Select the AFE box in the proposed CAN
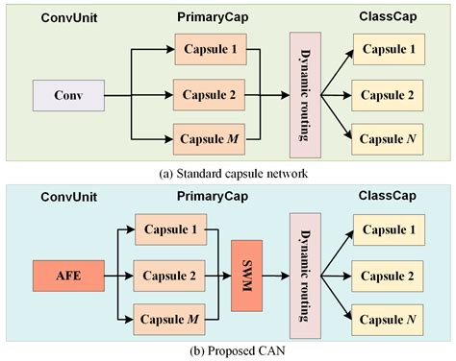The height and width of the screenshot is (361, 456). [x=61, y=276]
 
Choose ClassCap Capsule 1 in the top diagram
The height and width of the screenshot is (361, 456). [x=388, y=50]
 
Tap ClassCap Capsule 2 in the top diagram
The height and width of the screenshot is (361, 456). [x=388, y=95]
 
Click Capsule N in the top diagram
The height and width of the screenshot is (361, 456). [x=388, y=139]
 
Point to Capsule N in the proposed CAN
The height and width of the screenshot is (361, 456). [x=388, y=319]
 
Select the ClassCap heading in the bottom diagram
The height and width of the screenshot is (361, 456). [x=387, y=196]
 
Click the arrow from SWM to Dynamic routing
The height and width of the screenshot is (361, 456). [x=276, y=277]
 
